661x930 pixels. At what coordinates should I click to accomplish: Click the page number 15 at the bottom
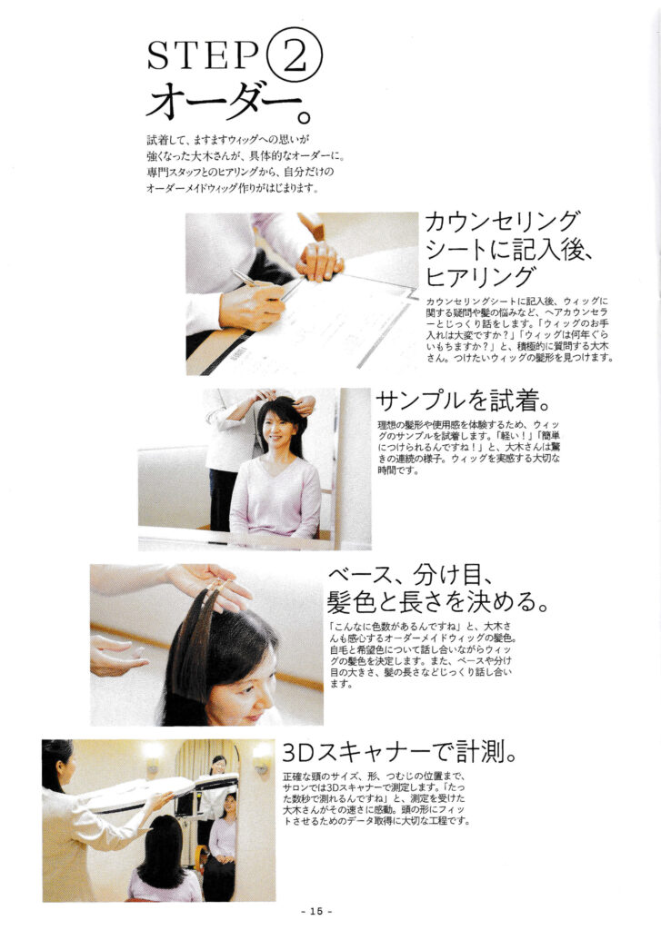point(316,910)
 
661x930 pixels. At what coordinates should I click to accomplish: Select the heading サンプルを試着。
point(464,401)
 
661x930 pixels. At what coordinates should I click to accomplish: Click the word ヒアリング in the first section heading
point(480,277)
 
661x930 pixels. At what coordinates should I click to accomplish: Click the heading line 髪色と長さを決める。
point(437,602)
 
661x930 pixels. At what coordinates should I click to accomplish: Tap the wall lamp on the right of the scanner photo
point(261,758)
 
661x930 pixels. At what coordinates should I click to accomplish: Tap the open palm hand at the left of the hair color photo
point(115,656)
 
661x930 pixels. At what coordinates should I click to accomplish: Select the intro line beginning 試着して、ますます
point(228,141)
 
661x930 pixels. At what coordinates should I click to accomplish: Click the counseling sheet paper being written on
point(321,326)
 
